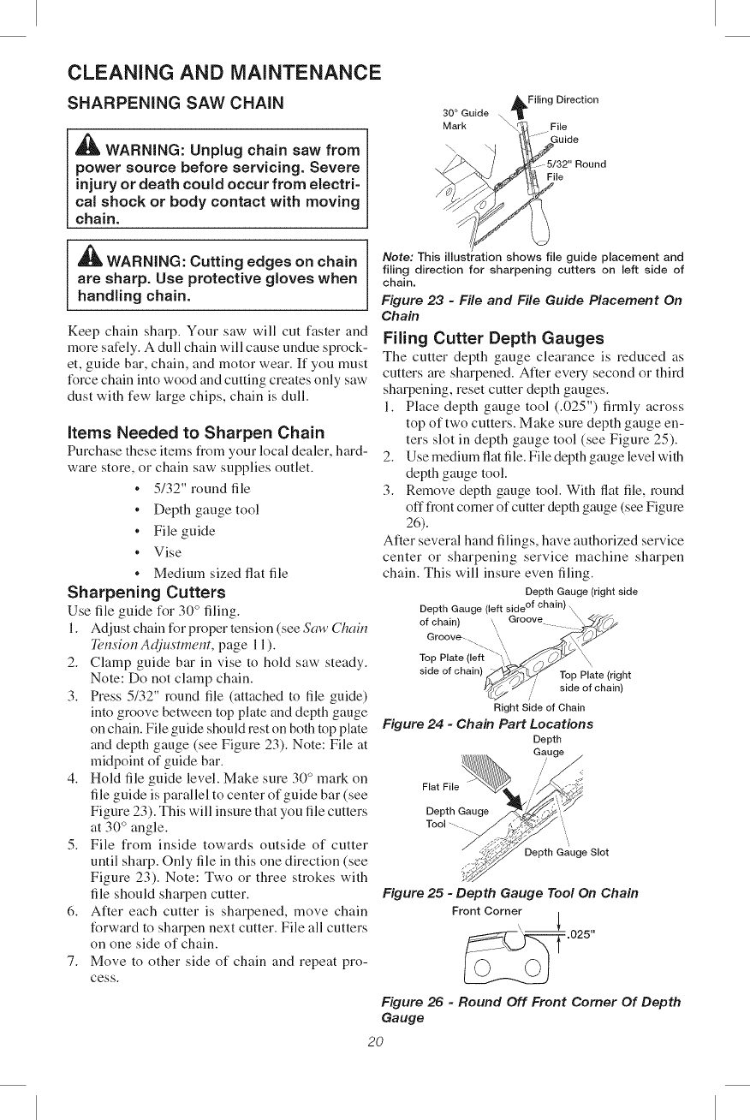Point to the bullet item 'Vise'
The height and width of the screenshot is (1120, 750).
(168, 552)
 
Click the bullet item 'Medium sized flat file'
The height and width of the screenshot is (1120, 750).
(220, 573)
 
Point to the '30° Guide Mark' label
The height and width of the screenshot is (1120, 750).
(465, 119)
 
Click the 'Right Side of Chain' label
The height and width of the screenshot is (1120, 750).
(539, 707)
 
